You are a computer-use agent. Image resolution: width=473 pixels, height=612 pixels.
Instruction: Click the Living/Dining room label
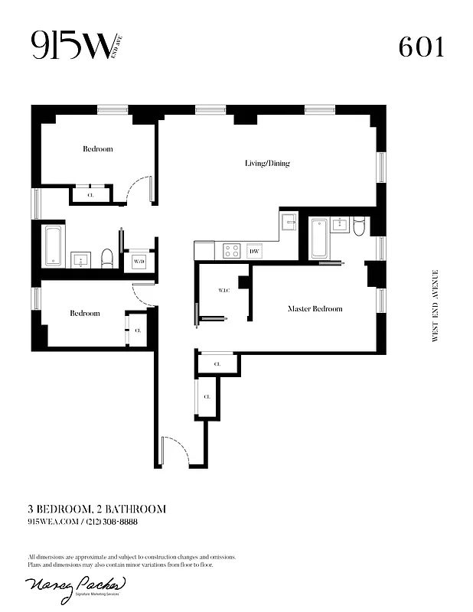[267, 163]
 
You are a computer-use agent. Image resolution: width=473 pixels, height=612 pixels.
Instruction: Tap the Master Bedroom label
[315, 309]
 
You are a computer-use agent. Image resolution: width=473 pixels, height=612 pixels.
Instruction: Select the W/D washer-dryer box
[139, 262]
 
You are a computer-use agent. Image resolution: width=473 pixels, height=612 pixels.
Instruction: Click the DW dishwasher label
[255, 251]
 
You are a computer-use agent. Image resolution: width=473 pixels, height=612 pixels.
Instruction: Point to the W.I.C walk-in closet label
[224, 291]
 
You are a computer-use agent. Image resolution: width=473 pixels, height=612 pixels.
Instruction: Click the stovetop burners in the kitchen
[230, 250]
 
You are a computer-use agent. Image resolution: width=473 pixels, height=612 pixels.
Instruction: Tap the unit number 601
[420, 47]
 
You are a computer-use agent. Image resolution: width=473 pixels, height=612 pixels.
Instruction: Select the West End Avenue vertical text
[435, 305]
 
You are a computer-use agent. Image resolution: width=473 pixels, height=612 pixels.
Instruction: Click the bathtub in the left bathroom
[52, 246]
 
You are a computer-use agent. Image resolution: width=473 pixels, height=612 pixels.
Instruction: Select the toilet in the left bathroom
[108, 258]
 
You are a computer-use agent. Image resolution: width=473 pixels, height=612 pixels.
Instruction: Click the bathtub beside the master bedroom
[319, 238]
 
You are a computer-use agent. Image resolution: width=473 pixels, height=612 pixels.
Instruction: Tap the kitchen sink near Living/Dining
[289, 223]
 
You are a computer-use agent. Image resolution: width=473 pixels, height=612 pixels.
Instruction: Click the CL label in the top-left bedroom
[90, 196]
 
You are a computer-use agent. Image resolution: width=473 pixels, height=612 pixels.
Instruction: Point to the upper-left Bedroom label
[97, 149]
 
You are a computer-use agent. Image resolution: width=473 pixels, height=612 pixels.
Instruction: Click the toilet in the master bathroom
[358, 226]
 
